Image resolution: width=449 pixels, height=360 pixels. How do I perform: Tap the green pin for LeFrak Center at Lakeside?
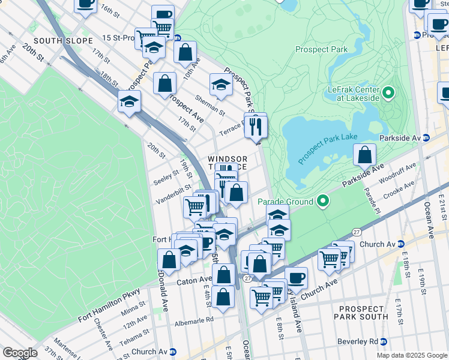(388, 94)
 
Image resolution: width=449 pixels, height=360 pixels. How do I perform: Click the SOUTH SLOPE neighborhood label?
(64, 41)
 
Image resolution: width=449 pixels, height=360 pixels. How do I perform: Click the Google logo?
(19, 353)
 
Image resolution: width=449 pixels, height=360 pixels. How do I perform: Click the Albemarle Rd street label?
(194, 320)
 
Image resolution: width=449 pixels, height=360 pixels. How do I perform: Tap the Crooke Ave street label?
(394, 190)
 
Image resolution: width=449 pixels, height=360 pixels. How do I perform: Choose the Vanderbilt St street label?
(172, 196)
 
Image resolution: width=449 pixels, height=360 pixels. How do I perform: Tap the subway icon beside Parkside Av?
(426, 137)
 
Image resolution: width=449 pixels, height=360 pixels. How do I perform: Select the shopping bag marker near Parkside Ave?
(364, 155)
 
